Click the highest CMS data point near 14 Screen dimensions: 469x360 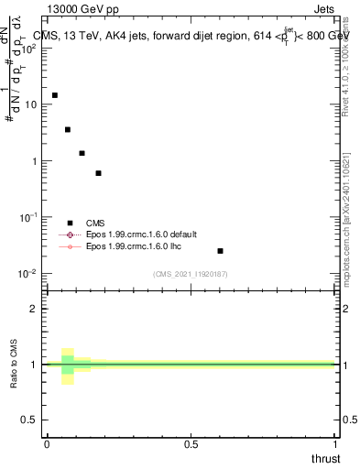click(55, 95)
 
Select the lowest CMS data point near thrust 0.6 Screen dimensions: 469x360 click(220, 251)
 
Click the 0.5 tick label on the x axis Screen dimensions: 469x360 click(191, 442)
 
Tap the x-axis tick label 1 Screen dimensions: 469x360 click(334, 442)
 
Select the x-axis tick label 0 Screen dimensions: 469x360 click(47, 442)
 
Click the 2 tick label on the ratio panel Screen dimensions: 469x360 click(34, 309)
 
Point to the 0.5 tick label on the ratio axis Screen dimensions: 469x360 click(29, 420)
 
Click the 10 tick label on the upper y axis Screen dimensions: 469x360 click(30, 105)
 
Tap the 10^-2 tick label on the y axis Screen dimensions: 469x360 click(28, 274)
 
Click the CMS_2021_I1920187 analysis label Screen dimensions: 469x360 click(191, 273)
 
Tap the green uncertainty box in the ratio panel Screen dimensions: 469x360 click(67, 365)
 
